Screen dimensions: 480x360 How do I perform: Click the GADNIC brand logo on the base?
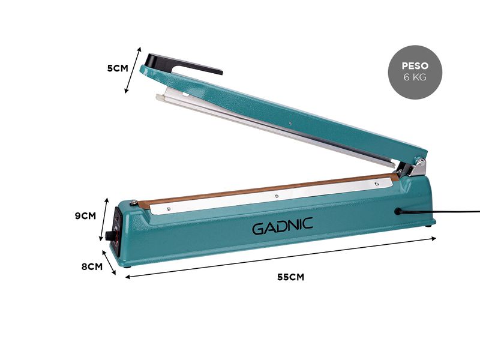pyautogui.click(x=282, y=226)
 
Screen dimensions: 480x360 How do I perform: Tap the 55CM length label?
pyautogui.click(x=291, y=277)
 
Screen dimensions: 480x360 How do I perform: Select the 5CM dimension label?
pyautogui.click(x=118, y=68)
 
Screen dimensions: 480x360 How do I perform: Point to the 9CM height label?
pyautogui.click(x=85, y=216)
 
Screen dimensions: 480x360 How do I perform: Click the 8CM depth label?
pyautogui.click(x=92, y=266)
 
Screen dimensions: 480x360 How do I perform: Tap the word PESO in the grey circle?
pyautogui.click(x=415, y=66)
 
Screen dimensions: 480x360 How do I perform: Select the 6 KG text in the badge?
pyautogui.click(x=415, y=77)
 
